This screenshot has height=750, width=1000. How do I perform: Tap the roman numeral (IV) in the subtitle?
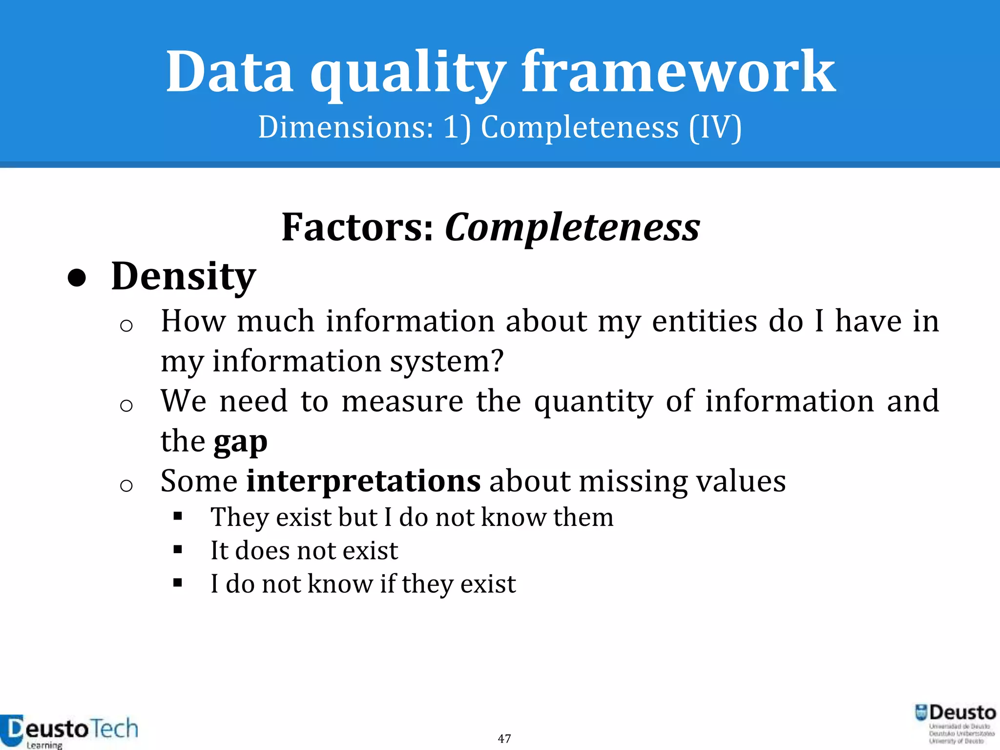(x=715, y=128)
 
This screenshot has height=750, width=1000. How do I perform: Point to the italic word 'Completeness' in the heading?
(x=572, y=229)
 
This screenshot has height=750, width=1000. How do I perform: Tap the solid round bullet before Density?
(x=77, y=279)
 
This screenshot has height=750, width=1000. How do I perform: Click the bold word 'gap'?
(x=240, y=442)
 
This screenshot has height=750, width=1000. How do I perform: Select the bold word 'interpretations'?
(x=363, y=481)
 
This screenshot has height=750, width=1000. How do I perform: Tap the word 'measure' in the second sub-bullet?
(x=402, y=402)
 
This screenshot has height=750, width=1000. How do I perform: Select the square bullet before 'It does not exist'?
(x=178, y=550)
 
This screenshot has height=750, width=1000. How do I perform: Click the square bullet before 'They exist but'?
(x=178, y=517)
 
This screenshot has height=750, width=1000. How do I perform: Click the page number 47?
(x=504, y=738)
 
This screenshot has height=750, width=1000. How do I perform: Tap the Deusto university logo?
(x=955, y=724)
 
